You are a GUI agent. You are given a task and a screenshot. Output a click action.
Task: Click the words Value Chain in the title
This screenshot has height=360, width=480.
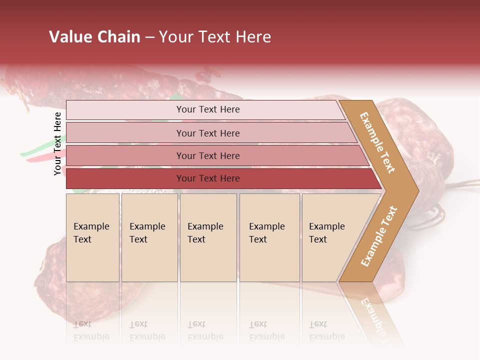[94, 37]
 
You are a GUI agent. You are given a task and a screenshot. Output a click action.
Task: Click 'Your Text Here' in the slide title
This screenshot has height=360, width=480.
[215, 37]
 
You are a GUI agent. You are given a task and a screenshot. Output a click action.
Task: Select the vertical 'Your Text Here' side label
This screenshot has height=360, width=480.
[57, 143]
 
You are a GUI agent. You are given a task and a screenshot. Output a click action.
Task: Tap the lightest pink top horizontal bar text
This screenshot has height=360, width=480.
[208, 109]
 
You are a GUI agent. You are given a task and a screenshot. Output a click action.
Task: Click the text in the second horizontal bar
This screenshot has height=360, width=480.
[208, 133]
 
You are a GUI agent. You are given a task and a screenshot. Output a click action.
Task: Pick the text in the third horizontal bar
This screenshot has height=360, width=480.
[208, 156]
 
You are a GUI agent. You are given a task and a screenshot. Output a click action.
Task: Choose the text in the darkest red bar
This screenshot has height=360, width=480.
[208, 178]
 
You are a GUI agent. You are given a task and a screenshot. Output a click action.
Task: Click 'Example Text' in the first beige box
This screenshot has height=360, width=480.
[91, 233]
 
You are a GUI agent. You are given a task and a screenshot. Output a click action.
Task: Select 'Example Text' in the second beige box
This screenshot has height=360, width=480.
[147, 233]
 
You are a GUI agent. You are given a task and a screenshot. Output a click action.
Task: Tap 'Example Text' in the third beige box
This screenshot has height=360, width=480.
[205, 233]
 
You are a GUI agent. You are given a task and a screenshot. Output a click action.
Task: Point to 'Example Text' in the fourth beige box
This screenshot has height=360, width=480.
[266, 233]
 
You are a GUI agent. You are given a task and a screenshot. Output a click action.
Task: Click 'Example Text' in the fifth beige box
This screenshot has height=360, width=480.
[326, 233]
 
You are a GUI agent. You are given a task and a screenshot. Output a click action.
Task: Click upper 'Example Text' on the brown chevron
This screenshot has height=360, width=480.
[377, 142]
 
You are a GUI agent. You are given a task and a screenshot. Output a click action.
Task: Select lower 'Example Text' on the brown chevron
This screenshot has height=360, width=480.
[379, 236]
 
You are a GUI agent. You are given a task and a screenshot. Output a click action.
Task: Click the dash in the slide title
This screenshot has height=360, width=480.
[149, 37]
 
